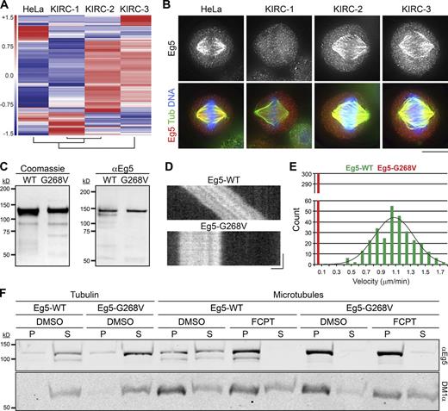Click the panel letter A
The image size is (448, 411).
(x=5, y=7)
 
